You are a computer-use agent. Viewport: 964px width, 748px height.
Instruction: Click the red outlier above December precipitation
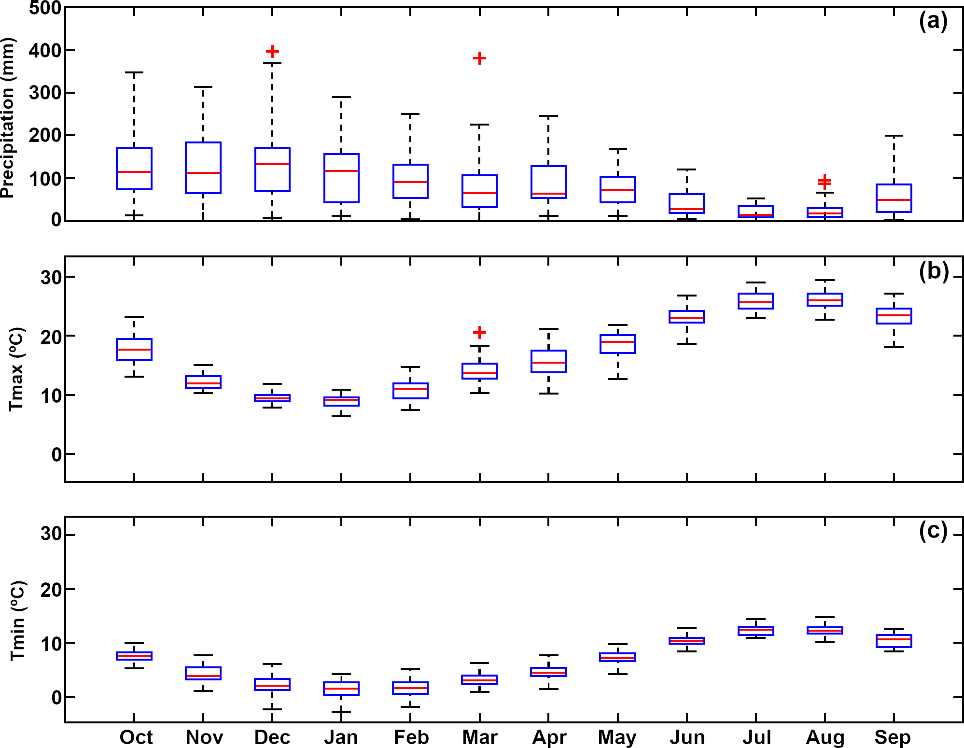tap(272, 51)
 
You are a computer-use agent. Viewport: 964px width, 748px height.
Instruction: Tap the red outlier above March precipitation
tap(479, 58)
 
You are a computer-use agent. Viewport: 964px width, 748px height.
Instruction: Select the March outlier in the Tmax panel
tap(479, 332)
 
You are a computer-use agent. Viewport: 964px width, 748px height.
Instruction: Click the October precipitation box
tap(134, 169)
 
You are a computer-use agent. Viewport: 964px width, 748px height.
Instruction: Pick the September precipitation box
tap(894, 198)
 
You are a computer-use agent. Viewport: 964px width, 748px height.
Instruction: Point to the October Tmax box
tap(134, 349)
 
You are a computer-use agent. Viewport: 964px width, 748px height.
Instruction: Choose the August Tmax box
tap(824, 299)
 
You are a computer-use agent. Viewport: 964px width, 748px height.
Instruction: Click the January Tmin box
tap(341, 688)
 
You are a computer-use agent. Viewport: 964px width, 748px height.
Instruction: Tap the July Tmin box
tap(755, 631)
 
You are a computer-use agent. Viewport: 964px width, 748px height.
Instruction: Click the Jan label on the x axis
tap(341, 737)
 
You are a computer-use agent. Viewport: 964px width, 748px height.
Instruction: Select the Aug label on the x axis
tap(825, 737)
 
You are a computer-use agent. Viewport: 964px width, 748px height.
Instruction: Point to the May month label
tap(617, 737)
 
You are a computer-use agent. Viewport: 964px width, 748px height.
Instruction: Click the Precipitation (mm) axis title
tap(8, 118)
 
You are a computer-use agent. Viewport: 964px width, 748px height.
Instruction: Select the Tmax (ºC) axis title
tap(17, 369)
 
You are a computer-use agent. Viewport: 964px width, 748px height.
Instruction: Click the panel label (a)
tap(933, 21)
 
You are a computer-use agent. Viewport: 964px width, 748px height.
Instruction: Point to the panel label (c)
tap(933, 531)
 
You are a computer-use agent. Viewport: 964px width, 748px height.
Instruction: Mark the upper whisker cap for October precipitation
tap(134, 72)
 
